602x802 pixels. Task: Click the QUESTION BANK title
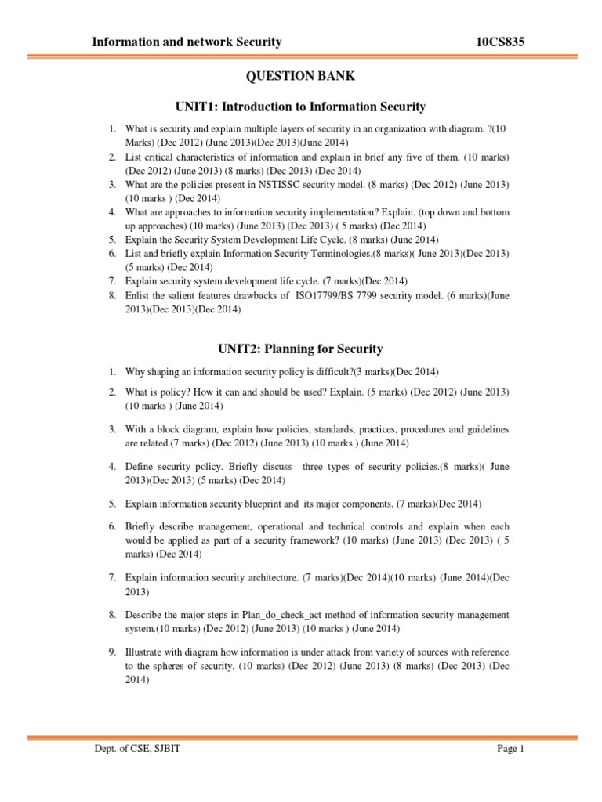(x=301, y=76)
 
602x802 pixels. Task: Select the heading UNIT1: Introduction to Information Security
(x=301, y=106)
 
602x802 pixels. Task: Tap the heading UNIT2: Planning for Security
(x=301, y=349)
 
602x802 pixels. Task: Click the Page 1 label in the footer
(x=510, y=749)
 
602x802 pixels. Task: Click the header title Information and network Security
(x=187, y=42)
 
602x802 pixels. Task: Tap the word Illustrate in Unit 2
(x=147, y=652)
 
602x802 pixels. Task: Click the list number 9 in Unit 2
(x=112, y=652)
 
